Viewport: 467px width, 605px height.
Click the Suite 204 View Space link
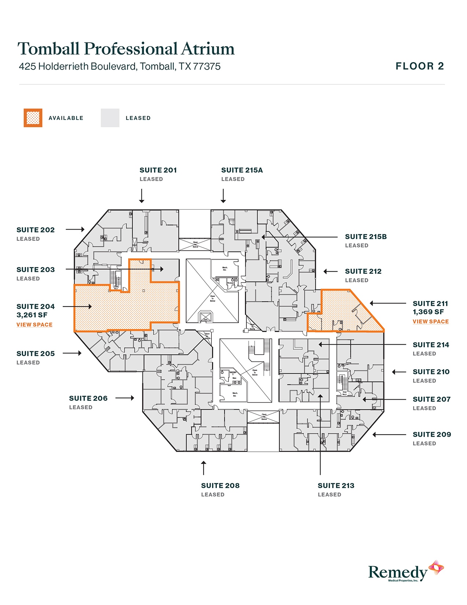point(34,324)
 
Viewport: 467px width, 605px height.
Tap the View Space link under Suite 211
point(430,322)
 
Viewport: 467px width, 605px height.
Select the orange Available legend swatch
point(33,118)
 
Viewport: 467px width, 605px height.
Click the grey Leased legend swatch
point(110,118)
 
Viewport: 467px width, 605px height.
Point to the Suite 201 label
point(158,170)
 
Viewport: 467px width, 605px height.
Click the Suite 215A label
point(242,170)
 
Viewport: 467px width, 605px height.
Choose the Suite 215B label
point(366,237)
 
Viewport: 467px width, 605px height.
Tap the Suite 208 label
point(220,485)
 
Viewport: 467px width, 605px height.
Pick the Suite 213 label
point(336,485)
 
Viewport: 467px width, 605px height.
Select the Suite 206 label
point(88,398)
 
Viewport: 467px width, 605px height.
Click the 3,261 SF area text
point(32,315)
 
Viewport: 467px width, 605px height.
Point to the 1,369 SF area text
point(428,312)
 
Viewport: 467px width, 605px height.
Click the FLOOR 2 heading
point(420,66)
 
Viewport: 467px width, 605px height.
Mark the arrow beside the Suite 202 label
point(75,230)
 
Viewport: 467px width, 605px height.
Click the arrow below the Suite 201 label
point(142,196)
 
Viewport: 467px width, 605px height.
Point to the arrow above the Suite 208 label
point(204,468)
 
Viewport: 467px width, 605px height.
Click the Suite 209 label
point(431,434)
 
